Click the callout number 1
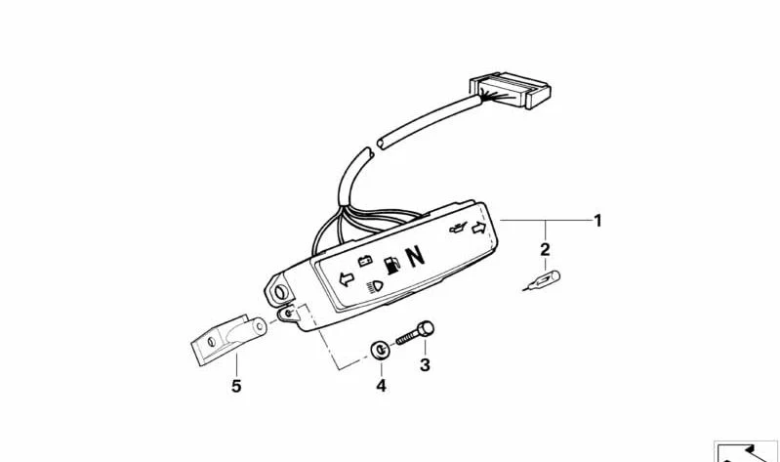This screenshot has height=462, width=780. (597, 221)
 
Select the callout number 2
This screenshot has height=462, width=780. (545, 249)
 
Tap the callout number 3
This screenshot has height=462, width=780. (425, 365)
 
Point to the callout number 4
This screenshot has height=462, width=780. (381, 386)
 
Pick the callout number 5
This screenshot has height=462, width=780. (236, 386)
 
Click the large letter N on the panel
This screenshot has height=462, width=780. (416, 257)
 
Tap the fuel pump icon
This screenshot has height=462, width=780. (393, 266)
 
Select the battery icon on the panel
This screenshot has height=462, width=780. (365, 261)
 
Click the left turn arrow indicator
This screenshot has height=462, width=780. (347, 279)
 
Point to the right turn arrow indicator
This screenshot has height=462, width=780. (478, 228)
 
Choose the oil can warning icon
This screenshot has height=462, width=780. (458, 229)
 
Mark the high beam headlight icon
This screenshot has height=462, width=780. (376, 287)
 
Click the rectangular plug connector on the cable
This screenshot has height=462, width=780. (510, 90)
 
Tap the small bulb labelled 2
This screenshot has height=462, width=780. (542, 280)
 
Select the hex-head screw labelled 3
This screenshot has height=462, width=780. (415, 333)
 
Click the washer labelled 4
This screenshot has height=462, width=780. (380, 351)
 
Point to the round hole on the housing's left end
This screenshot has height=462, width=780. (280, 292)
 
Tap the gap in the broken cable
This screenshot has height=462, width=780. (375, 148)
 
